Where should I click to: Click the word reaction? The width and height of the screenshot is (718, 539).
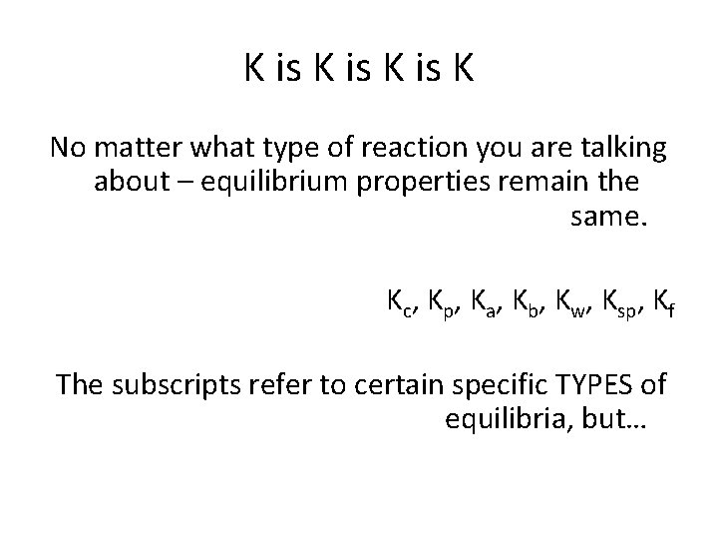[368, 150]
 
